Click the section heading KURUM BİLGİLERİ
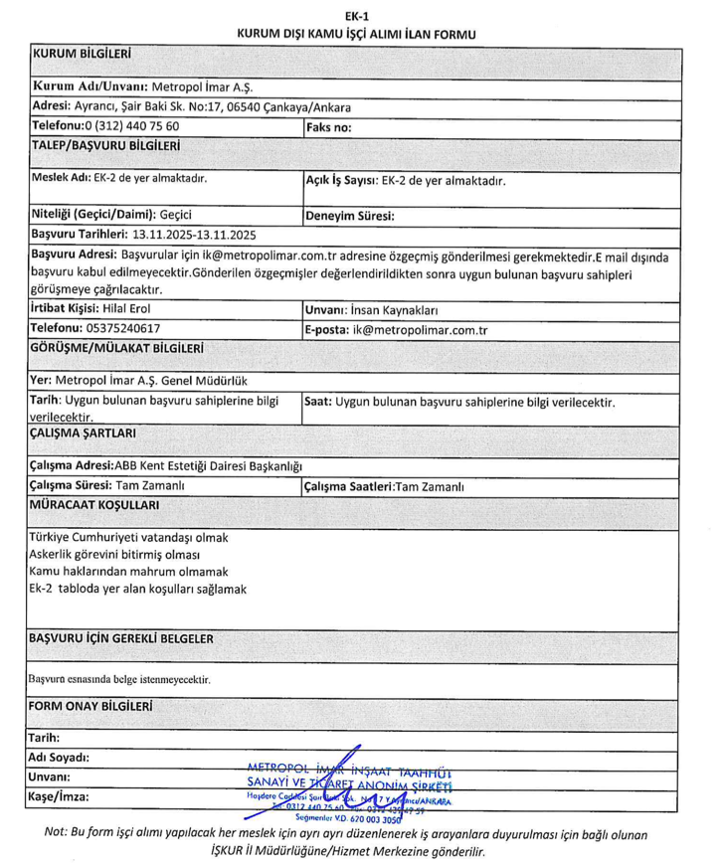pyautogui.click(x=84, y=52)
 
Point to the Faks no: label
pyautogui.click(x=328, y=127)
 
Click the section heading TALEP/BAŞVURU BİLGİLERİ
pyautogui.click(x=105, y=146)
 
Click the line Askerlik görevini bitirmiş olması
pyautogui.click(x=115, y=555)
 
